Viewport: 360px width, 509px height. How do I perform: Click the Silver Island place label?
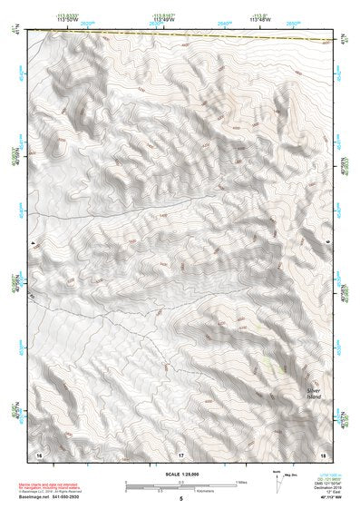314,394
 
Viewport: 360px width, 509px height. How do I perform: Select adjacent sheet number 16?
39,453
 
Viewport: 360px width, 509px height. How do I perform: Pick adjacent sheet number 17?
180,453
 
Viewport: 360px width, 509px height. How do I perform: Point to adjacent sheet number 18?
321,453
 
